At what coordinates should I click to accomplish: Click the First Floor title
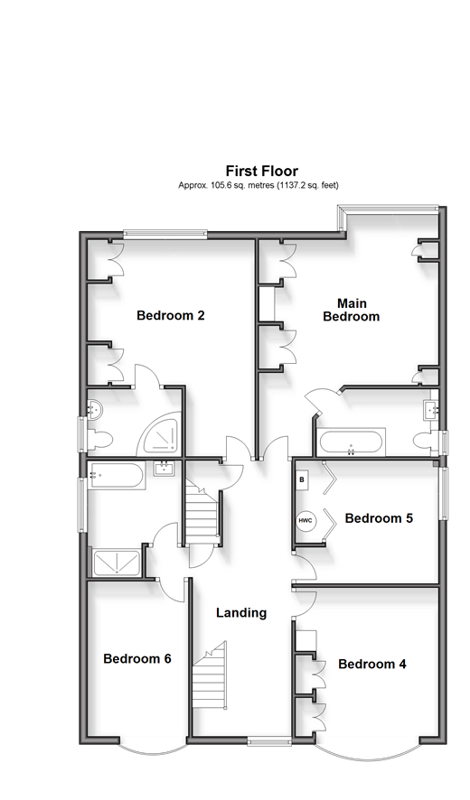(262, 171)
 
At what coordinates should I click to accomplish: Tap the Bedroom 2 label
(171, 315)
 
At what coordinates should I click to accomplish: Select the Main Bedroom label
(352, 310)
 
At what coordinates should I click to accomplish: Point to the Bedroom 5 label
(379, 518)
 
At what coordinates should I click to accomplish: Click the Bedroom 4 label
(372, 665)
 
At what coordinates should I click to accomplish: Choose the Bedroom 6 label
(136, 658)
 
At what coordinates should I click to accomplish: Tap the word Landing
(241, 613)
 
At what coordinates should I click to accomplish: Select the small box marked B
(302, 479)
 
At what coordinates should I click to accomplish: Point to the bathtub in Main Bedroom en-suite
(351, 442)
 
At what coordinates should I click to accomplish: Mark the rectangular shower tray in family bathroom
(117, 563)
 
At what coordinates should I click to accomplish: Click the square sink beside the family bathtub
(164, 468)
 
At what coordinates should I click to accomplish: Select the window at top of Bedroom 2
(165, 234)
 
